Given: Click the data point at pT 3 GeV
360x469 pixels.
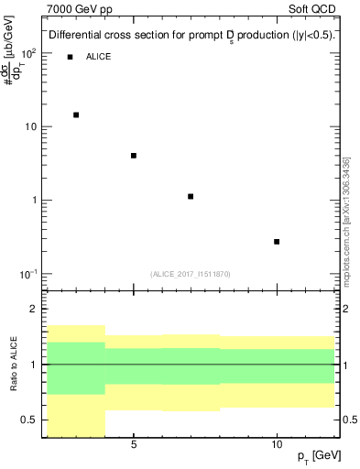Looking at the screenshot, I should click(76, 115).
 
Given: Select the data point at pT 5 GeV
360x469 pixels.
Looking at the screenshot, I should click(134, 156).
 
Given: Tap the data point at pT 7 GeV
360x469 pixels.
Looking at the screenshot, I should click(191, 196).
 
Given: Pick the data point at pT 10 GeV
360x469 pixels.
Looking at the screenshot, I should click(277, 242).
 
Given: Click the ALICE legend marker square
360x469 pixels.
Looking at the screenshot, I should click(70, 57).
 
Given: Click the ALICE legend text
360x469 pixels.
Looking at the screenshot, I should click(99, 57).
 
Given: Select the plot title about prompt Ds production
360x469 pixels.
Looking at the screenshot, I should click(191, 35).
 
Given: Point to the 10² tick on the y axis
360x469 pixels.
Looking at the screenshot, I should click(29, 53).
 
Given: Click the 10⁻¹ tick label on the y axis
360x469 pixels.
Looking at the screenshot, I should click(28, 274).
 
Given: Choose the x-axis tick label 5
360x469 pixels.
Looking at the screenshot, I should click(134, 443).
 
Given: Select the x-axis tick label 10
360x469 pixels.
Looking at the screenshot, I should click(277, 443).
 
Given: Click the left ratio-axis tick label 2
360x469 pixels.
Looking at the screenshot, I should click(34, 310).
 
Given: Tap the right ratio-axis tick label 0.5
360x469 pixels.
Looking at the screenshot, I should click(350, 420).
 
